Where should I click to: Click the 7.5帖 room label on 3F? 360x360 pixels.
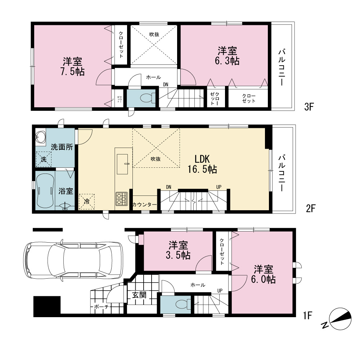[73, 67]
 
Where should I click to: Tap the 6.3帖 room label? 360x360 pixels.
[227, 56]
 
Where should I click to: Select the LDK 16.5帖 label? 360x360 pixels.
[202, 164]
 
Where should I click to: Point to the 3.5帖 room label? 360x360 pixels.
[178, 250]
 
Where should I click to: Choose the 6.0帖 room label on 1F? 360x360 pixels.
[264, 274]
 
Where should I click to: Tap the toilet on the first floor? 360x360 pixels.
[183, 305]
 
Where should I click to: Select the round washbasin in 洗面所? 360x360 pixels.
[41, 137]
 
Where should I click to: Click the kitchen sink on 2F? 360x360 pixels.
[122, 164]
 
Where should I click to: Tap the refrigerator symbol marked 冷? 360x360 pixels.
[86, 202]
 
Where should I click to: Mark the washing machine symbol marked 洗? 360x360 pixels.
[44, 159]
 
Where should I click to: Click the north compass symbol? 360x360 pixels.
[340, 319]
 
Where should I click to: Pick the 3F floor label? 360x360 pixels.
[309, 107]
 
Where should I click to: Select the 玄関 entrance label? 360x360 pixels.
[139, 295]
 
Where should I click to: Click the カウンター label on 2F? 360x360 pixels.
[145, 204]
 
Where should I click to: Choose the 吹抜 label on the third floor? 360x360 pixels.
[154, 35]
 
